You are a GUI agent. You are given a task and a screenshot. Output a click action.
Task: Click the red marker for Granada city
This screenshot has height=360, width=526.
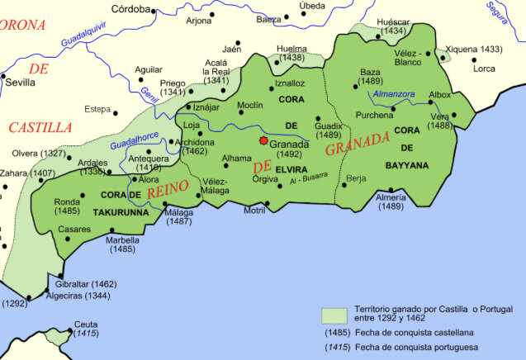tap(263, 141)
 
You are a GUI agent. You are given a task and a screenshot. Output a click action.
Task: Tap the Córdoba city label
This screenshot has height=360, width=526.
tap(130, 9)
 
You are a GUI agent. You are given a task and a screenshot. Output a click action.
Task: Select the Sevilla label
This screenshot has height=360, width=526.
tap(20, 83)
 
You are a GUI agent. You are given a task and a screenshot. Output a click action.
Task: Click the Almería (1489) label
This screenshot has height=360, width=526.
tap(390, 203)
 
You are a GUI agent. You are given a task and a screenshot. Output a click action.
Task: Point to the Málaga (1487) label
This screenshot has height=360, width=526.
tap(179, 216)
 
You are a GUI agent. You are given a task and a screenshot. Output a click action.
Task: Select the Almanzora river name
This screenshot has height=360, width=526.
tap(394, 95)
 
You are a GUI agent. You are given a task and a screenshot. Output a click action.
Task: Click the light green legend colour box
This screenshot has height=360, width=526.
tap(333, 315)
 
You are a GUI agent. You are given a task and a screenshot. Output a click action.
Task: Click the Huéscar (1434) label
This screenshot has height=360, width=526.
tap(393, 26)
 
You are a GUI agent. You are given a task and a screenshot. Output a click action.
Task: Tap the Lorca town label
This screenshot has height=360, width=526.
tap(484, 69)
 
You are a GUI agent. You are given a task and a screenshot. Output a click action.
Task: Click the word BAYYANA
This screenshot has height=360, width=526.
tap(407, 165)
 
